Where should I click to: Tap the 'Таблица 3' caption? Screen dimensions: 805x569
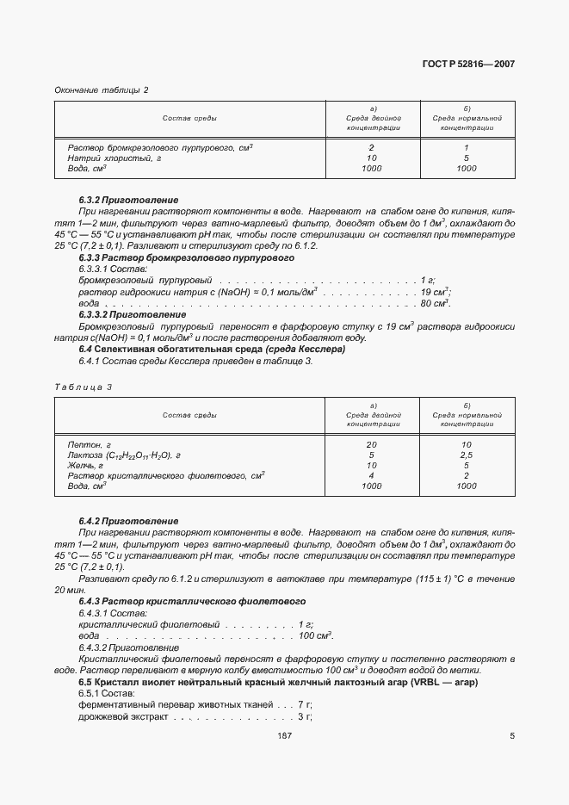(x=83, y=387)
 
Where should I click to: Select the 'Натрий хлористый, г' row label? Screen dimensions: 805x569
(x=114, y=158)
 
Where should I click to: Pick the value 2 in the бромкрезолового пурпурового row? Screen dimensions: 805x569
(x=371, y=148)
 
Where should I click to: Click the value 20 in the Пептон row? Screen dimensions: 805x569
(x=371, y=445)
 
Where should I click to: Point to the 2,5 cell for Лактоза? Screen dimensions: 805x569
(x=466, y=455)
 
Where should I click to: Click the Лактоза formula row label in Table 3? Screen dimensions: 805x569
(x=124, y=455)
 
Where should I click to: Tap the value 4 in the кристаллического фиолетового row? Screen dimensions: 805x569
(x=371, y=476)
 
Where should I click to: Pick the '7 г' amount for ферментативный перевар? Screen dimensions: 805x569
(x=304, y=705)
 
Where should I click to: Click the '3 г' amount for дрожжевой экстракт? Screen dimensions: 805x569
(x=304, y=716)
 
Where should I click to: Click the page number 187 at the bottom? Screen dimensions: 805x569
(x=284, y=736)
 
